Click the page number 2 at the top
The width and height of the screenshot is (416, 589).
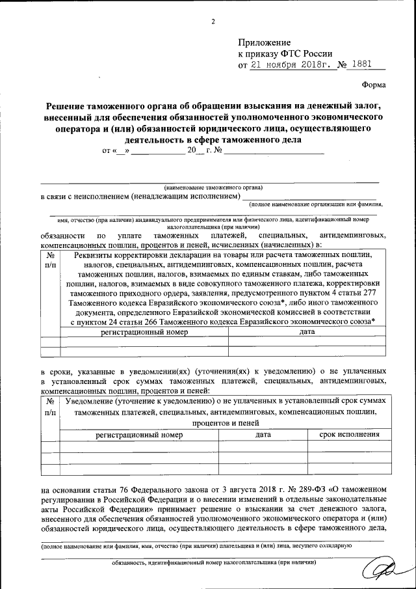213,22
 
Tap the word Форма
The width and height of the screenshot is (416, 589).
373,85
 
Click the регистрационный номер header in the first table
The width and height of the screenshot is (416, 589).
144,331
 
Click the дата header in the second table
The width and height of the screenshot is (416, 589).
263,433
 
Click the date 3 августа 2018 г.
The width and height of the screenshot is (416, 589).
244,487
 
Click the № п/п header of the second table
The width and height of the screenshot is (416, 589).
50,406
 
